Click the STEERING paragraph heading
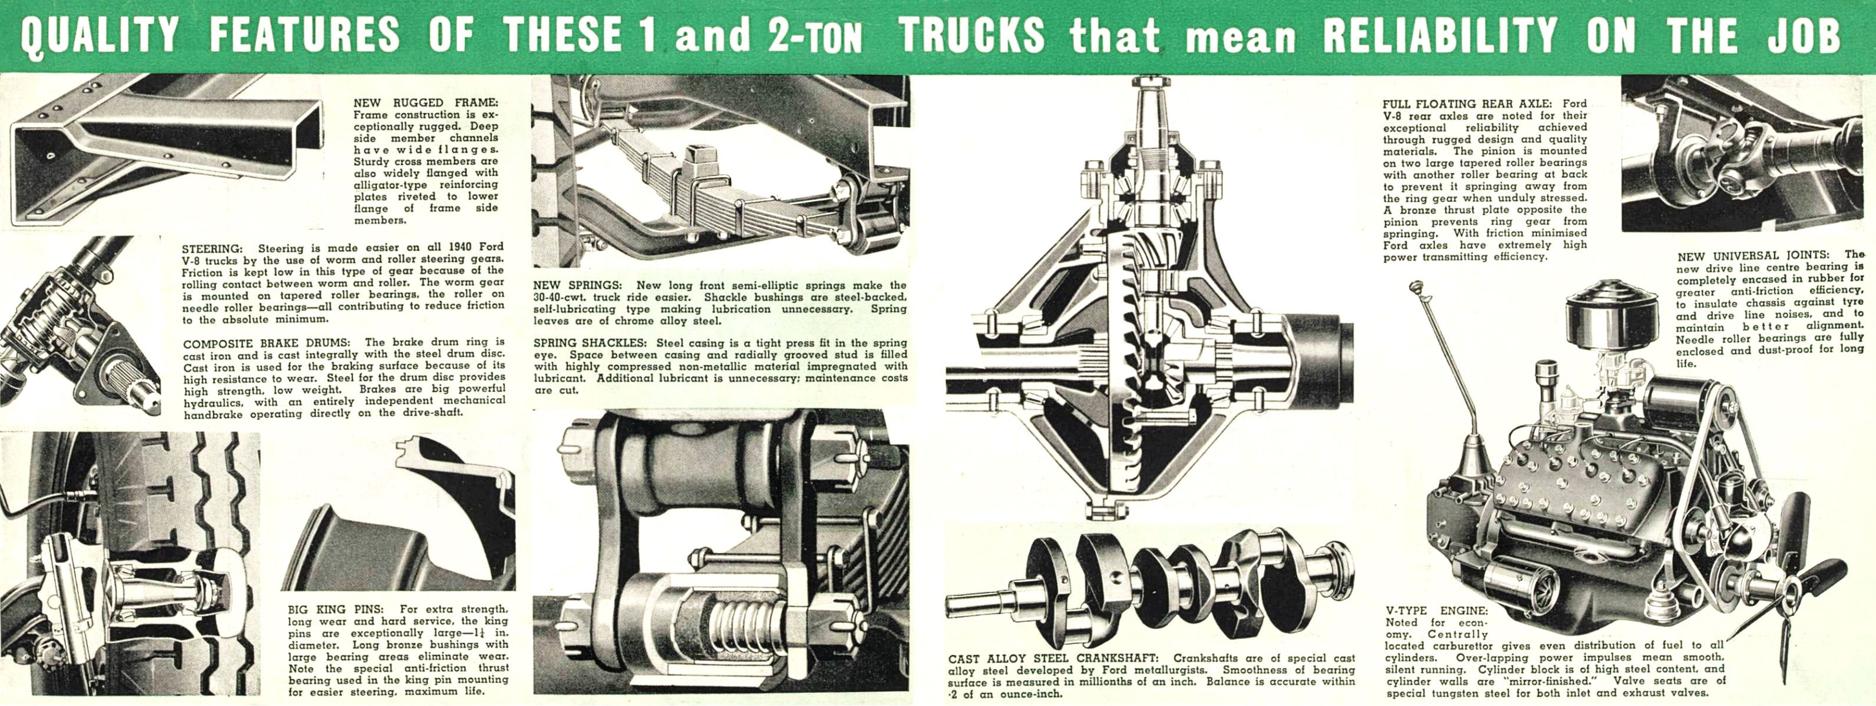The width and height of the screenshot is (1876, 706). (212, 248)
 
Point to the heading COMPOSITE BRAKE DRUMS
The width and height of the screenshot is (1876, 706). (266, 343)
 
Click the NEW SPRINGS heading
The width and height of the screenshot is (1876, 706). (577, 285)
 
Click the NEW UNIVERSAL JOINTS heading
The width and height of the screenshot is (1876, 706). (1752, 255)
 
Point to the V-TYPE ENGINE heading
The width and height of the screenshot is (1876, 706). (1436, 611)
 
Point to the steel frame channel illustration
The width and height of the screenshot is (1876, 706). (167, 149)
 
